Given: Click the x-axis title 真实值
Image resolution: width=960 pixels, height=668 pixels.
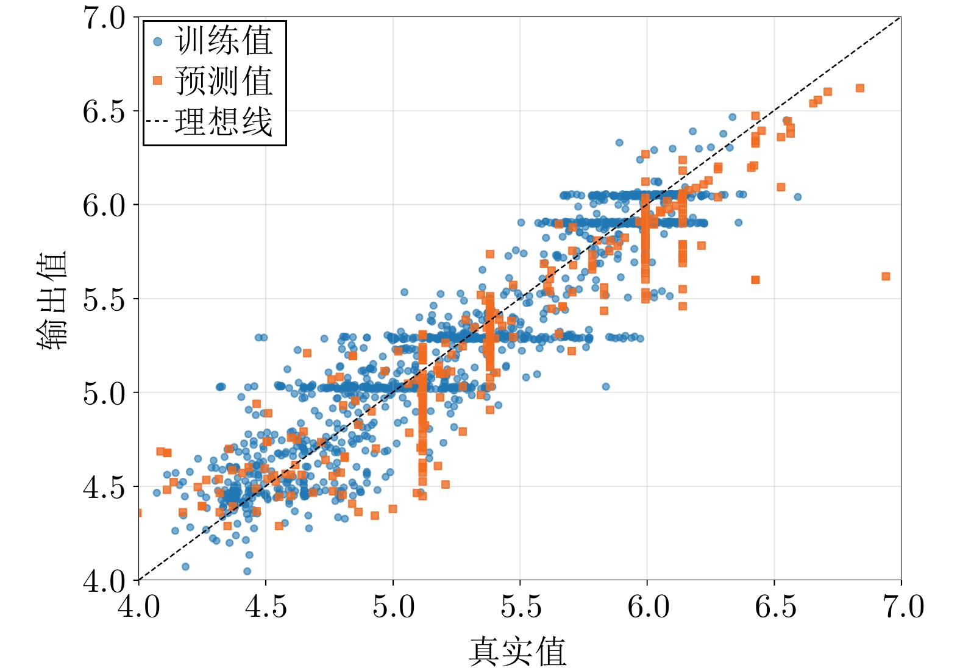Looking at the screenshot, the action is click(x=517, y=652).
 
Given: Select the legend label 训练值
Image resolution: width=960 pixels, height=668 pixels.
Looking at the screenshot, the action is click(x=224, y=41).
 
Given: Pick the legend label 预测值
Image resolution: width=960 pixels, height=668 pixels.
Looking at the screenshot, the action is click(x=224, y=80).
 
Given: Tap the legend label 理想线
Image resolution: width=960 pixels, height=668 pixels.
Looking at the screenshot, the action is click(x=224, y=121).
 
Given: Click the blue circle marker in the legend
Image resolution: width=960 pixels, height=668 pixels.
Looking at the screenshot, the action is click(x=158, y=41).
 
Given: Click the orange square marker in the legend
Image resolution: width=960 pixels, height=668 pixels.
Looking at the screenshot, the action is click(x=158, y=80).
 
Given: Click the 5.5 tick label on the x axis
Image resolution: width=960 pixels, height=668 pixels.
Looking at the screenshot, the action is click(x=521, y=606).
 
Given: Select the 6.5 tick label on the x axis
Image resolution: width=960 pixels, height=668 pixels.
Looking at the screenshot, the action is click(x=775, y=606).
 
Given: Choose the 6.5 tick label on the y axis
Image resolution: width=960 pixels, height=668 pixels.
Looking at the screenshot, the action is click(x=104, y=112).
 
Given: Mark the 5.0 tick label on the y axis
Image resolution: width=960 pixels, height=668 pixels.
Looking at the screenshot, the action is click(x=104, y=393).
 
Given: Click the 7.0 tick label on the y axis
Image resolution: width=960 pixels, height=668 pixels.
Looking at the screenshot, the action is click(x=104, y=18).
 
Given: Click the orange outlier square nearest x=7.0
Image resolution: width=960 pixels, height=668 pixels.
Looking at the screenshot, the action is click(x=886, y=276).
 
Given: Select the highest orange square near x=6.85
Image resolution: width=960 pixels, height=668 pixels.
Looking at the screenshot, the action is click(x=859, y=88).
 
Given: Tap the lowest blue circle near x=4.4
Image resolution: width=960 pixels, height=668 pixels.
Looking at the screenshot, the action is click(x=247, y=571).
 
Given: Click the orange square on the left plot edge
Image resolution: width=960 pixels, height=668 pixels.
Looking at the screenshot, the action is click(x=139, y=513).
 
